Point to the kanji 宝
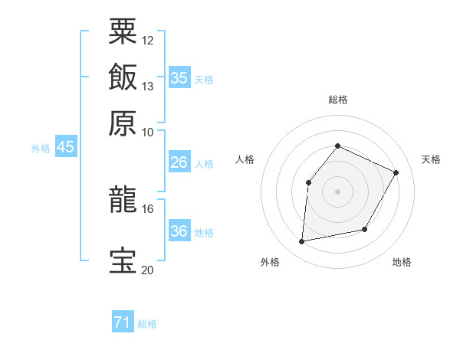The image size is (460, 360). point(123,260)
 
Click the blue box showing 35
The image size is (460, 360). point(179,78)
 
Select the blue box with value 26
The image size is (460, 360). point(179,162)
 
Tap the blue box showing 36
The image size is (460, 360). point(179,231)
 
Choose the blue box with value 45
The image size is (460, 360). point(66,147)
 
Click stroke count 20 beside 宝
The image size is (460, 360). point(147,270)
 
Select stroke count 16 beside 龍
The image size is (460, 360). point(147,208)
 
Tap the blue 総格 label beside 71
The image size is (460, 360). point(147,325)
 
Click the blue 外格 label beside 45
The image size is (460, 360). point(41,149)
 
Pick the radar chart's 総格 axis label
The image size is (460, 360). point(337,100)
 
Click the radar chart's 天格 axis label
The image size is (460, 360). point(432,159)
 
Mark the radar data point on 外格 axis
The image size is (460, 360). point(302,242)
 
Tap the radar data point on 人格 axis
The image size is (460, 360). point(308,182)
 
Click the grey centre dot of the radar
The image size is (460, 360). point(337,191)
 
